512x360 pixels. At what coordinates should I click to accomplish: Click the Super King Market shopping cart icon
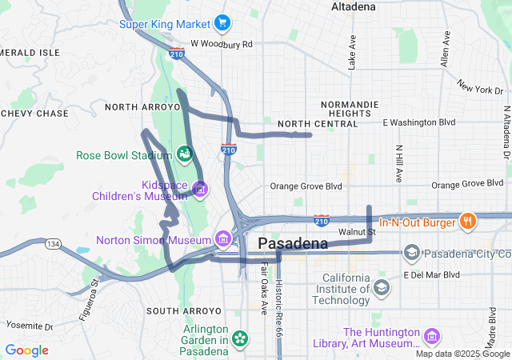[222, 24]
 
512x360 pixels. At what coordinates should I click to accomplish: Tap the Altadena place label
[353, 6]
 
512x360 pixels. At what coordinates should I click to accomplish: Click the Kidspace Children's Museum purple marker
[200, 189]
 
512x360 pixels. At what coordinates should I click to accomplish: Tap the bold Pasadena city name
[293, 243]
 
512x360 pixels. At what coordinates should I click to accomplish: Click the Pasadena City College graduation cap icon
[412, 254]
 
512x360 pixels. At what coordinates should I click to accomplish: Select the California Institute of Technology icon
[382, 286]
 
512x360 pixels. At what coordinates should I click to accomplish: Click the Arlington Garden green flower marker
[239, 339]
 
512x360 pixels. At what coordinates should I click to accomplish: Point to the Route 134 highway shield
[54, 244]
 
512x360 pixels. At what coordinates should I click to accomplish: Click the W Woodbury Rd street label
[222, 44]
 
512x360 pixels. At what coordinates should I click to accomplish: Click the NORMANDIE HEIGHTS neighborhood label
[345, 109]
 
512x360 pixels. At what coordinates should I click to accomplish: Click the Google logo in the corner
[26, 350]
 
